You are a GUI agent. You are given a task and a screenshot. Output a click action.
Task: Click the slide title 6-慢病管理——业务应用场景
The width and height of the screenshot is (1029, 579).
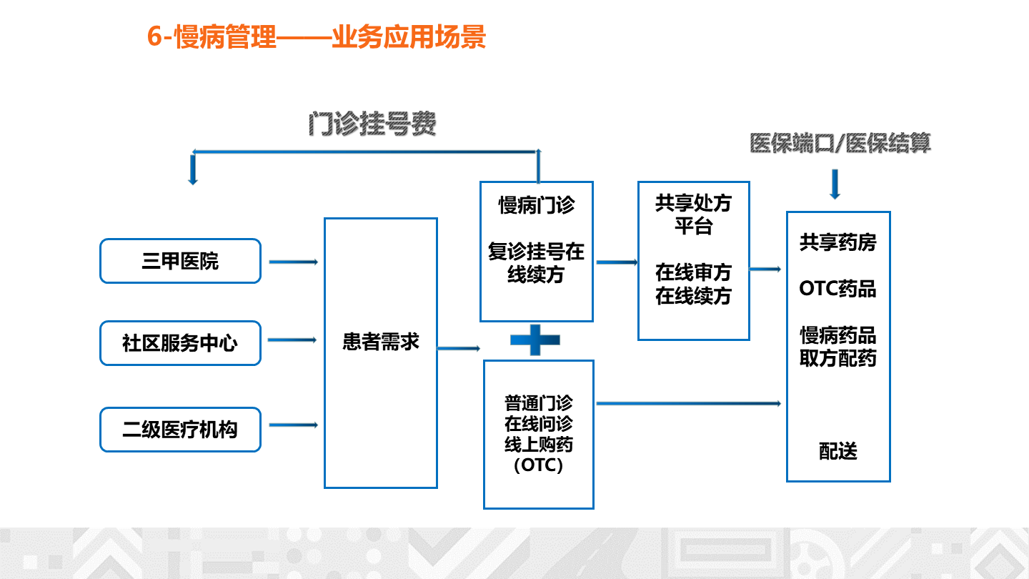click(316, 36)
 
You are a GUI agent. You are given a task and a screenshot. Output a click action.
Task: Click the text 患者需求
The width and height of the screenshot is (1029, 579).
click(381, 342)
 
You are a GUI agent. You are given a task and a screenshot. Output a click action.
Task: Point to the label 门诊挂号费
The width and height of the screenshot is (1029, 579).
click(372, 124)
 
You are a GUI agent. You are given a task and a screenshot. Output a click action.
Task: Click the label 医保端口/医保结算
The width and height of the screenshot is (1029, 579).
click(840, 143)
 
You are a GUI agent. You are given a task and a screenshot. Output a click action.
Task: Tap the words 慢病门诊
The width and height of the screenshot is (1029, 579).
click(537, 205)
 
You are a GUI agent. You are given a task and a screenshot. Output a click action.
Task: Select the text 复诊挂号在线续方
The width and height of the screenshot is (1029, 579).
click(536, 263)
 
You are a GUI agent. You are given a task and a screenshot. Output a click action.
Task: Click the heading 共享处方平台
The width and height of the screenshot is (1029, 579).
click(693, 214)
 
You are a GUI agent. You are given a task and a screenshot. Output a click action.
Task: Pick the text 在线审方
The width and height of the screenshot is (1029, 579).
click(693, 272)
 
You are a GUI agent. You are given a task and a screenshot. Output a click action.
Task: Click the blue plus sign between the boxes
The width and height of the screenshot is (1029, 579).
click(535, 340)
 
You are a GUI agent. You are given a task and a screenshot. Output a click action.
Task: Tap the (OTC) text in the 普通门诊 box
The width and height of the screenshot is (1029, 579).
click(538, 465)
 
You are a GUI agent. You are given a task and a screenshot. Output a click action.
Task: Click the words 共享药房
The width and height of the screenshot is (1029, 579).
click(838, 242)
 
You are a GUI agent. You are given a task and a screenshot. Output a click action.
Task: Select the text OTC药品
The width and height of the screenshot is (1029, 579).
click(838, 289)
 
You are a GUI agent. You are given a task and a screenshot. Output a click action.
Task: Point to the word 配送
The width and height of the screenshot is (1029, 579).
click(838, 451)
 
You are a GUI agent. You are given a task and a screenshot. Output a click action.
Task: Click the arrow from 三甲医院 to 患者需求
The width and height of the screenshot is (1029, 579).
click(294, 262)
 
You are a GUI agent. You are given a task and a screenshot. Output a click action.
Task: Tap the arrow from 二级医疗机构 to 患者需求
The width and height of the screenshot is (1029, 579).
click(294, 425)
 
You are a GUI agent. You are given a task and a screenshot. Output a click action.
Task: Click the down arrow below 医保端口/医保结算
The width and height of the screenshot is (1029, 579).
click(835, 184)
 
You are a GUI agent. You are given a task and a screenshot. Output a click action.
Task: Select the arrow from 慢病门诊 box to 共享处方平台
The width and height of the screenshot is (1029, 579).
click(617, 262)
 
